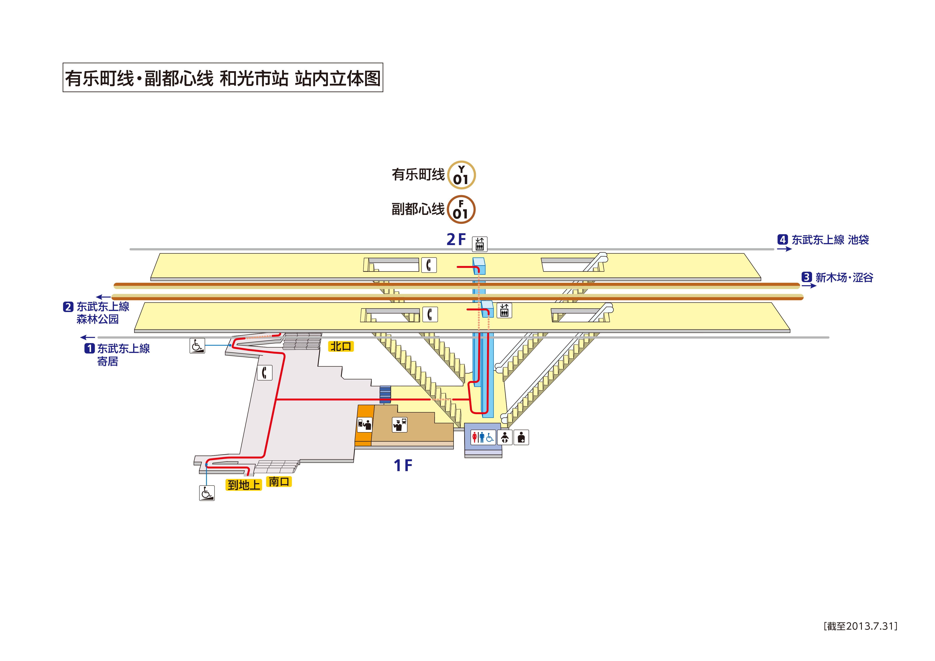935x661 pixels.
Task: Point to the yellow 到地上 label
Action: pos(243,485)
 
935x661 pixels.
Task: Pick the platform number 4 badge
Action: pos(782,239)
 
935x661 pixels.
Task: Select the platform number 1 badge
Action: pos(89,349)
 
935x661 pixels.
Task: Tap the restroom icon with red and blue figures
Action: pos(483,437)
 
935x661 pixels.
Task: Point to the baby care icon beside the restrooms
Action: pos(505,437)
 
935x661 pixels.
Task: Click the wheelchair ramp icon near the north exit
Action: pos(197,346)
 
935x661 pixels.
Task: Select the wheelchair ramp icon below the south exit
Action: pos(207,493)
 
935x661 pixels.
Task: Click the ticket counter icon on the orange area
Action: pos(364,424)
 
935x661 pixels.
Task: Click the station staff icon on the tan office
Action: pos(399,424)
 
